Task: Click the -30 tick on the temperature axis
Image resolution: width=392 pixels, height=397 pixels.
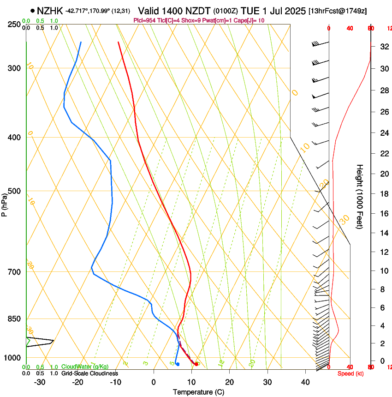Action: tap(40, 382)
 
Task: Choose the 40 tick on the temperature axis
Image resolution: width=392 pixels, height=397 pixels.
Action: tap(305, 382)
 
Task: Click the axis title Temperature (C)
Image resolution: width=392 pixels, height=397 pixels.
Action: tap(198, 392)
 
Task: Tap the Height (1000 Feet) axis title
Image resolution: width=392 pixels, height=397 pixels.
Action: tap(360, 196)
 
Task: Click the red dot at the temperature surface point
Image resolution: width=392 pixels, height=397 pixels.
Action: tap(196, 364)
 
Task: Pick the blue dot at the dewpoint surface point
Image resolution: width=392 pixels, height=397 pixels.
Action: tap(178, 364)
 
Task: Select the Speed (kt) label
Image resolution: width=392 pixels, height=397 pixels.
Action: tap(350, 373)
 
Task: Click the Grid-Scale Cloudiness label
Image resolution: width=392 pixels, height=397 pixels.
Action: tap(89, 373)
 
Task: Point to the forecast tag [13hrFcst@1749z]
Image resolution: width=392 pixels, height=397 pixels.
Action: tap(338, 11)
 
